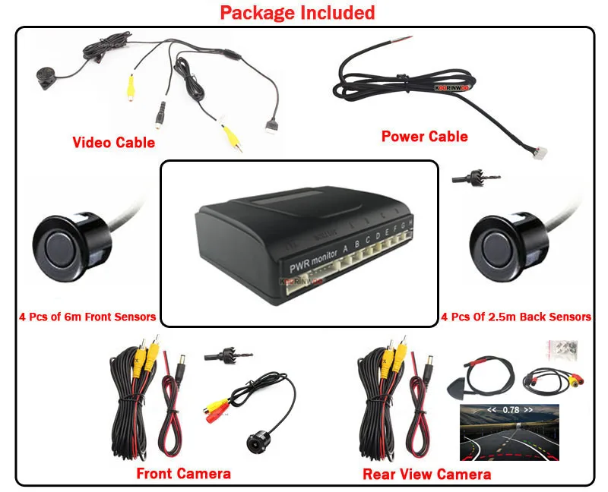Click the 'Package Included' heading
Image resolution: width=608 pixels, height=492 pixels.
(297, 13)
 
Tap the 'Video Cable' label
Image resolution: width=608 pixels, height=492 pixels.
(113, 142)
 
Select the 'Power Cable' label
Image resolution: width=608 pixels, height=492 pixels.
(424, 137)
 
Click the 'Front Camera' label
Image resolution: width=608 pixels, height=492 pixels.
(183, 474)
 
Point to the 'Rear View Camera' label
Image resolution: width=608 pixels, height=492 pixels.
(426, 475)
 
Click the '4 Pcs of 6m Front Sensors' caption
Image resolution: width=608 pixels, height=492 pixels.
(87, 317)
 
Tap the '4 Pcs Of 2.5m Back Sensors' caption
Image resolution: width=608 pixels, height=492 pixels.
(516, 317)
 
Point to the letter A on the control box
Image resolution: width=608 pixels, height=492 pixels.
(346, 245)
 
